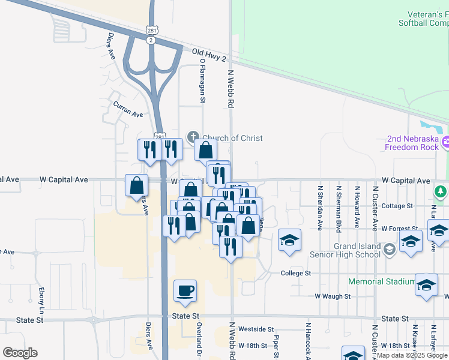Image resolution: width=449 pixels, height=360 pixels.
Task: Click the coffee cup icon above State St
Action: tap(185, 290)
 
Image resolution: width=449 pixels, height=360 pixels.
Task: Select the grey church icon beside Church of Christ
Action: tap(193, 138)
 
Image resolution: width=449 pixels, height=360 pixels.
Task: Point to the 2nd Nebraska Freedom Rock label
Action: tap(411, 142)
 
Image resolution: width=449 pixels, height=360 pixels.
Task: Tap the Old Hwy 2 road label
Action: tap(209, 55)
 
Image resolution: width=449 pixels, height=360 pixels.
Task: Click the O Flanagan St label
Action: tap(203, 80)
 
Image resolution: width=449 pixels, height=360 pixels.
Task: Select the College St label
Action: tap(296, 273)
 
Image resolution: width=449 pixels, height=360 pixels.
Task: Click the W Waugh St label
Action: tap(333, 296)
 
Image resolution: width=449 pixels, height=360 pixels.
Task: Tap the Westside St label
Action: tap(256, 329)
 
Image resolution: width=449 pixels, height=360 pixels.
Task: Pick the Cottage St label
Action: tap(397, 206)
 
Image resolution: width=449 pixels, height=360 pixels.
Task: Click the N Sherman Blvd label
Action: tap(339, 207)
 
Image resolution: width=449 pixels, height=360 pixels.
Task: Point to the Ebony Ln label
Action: tap(42, 301)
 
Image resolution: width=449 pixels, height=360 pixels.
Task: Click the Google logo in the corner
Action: tap(20, 353)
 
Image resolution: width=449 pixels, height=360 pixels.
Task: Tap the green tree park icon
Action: tap(441, 192)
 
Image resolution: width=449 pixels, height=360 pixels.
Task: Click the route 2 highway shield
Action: tap(151, 40)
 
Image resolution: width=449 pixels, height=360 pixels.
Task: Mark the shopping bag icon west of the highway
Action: tap(137, 185)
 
